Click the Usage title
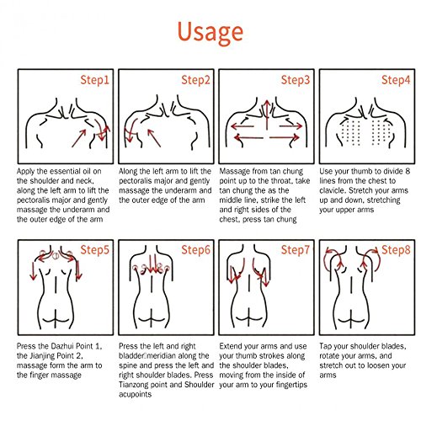tap(210, 33)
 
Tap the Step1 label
tap(94, 80)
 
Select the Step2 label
tap(195, 80)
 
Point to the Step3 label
tap(296, 80)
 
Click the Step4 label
tap(396, 80)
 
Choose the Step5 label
tap(94, 250)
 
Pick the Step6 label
tap(195, 250)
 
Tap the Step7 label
tap(296, 250)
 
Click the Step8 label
tap(396, 250)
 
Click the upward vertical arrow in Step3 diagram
tap(267, 115)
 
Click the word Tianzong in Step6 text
tap(133, 385)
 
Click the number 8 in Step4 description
tap(408, 171)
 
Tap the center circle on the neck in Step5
tap(56, 256)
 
